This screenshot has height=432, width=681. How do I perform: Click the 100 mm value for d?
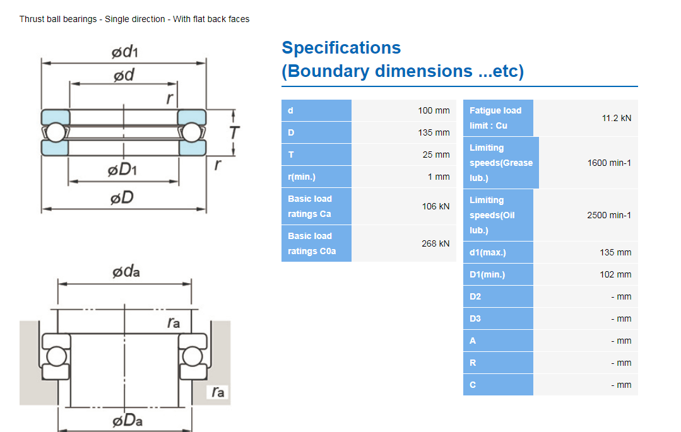[434, 110]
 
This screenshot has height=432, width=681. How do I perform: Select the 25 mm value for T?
[436, 155]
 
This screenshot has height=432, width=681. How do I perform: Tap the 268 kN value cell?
[435, 243]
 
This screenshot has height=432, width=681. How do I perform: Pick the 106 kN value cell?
[435, 206]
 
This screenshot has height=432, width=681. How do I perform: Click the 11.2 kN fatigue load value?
[617, 118]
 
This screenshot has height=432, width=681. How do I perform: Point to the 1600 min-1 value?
[609, 163]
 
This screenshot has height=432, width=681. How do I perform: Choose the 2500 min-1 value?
[609, 215]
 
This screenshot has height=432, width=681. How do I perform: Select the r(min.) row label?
[302, 177]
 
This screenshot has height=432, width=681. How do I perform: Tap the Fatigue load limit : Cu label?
[495, 118]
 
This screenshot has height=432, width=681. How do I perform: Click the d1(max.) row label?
[487, 252]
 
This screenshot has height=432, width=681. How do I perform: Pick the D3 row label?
[475, 318]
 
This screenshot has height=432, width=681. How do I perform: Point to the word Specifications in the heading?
[341, 48]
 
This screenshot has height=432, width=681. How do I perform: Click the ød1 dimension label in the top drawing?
[124, 52]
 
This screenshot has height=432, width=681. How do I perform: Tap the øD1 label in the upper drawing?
[123, 170]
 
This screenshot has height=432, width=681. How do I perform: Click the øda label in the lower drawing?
[126, 272]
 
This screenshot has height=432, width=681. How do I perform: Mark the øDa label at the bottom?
[126, 420]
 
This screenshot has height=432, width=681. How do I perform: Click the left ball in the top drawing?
[55, 132]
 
